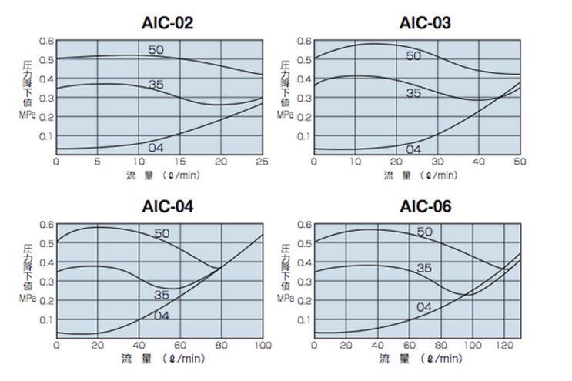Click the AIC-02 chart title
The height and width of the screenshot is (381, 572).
click(x=166, y=22)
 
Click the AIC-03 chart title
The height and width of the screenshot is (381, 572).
click(x=425, y=22)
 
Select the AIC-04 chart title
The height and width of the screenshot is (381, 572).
click(x=168, y=206)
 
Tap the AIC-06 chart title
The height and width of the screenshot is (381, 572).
click(x=425, y=206)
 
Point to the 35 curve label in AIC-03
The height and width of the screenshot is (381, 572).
click(x=413, y=93)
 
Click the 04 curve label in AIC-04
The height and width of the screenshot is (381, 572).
click(x=161, y=316)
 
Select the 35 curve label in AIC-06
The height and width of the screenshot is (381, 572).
click(x=424, y=268)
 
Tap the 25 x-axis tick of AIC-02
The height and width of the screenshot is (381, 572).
click(x=262, y=162)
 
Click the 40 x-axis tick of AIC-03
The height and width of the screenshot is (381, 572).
click(x=478, y=162)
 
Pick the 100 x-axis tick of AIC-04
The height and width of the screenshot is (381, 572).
click(x=262, y=346)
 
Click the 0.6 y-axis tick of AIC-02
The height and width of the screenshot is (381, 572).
click(x=47, y=41)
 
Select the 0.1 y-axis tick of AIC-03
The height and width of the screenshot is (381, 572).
click(x=305, y=136)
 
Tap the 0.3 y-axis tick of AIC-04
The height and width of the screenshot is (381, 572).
click(x=47, y=282)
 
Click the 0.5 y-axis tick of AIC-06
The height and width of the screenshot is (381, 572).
click(x=305, y=244)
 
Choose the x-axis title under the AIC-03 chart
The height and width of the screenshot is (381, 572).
click(x=420, y=175)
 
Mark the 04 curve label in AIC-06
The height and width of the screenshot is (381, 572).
click(x=423, y=307)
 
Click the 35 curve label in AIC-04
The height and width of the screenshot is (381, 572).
click(x=161, y=294)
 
